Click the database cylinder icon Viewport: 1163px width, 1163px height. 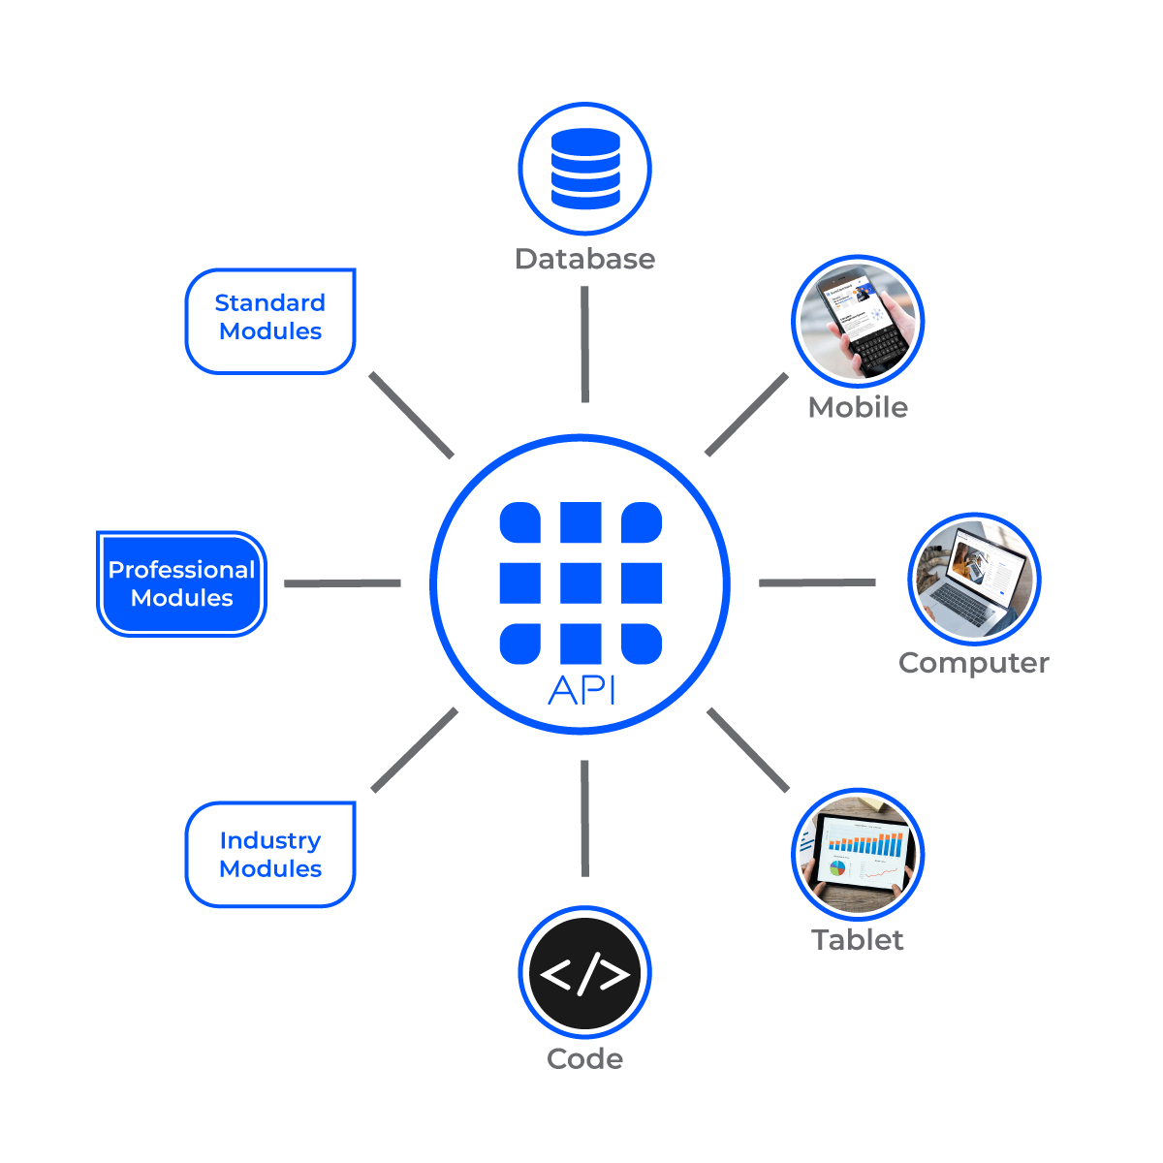pos(585,169)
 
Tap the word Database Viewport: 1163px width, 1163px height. pos(584,259)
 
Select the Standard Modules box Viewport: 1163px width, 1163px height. pos(270,319)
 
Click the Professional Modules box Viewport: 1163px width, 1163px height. pos(181,583)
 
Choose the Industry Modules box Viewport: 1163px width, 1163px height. pos(270,855)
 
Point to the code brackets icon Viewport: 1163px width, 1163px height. pos(585,974)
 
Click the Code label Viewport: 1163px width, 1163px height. pos(584,1057)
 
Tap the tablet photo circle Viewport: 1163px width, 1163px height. pos(859,854)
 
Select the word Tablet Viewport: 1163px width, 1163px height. pos(858,939)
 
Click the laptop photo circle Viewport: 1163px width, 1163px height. pos(974,580)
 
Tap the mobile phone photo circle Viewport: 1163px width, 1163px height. pos(859,322)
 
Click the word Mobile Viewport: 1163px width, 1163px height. pos(858,407)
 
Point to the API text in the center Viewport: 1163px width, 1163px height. pos(581,690)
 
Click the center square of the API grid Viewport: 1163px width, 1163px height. pos(581,583)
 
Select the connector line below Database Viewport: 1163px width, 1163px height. pos(585,344)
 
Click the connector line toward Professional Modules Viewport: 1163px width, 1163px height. pos(342,583)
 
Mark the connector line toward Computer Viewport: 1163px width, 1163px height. pos(817,583)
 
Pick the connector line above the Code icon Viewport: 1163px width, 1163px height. pos(585,818)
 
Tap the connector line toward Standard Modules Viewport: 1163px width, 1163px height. pos(412,415)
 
